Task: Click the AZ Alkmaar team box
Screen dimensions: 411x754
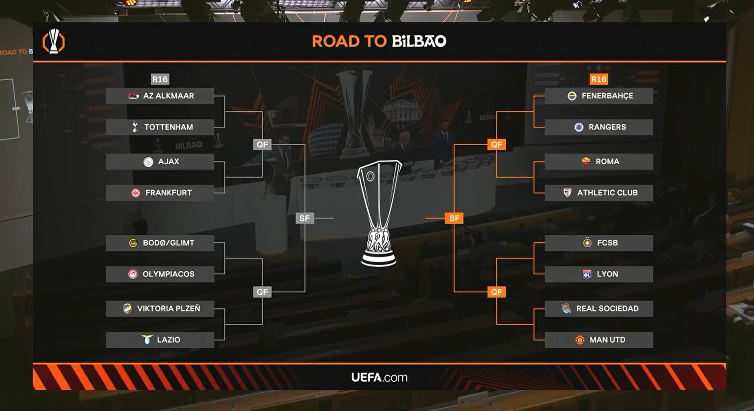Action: point(160,96)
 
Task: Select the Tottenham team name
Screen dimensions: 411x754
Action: point(169,127)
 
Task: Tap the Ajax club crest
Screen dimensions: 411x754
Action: point(148,162)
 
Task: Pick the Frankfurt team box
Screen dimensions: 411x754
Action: point(160,193)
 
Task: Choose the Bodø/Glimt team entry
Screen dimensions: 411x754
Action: point(160,243)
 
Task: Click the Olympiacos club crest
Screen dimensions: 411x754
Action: point(133,274)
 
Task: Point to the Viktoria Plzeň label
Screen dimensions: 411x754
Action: point(169,308)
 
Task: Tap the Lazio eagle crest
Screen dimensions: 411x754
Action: point(147,340)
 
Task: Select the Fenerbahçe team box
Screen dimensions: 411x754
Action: point(598,96)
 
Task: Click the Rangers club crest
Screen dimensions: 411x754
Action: point(578,127)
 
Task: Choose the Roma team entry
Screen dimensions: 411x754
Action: point(598,162)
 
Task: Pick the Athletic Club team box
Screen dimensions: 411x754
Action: point(598,193)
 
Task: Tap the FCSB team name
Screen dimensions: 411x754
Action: point(607,243)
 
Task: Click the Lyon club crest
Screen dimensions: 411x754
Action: point(587,274)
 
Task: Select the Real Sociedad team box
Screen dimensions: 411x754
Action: point(598,308)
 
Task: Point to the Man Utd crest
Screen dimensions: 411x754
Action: point(579,340)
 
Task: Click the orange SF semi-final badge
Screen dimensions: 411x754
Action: point(454,218)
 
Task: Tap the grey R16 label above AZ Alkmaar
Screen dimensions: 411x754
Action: point(160,79)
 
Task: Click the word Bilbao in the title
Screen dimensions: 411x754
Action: point(419,41)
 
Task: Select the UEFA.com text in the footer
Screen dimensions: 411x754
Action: point(379,378)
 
